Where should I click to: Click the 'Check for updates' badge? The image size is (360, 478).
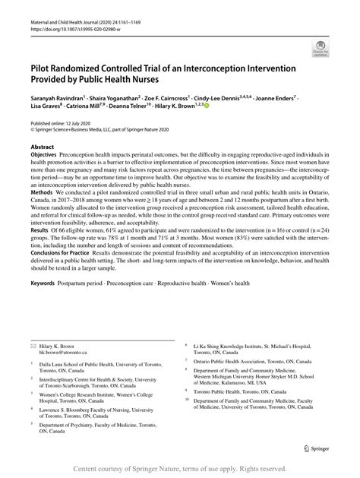point(320,50)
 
